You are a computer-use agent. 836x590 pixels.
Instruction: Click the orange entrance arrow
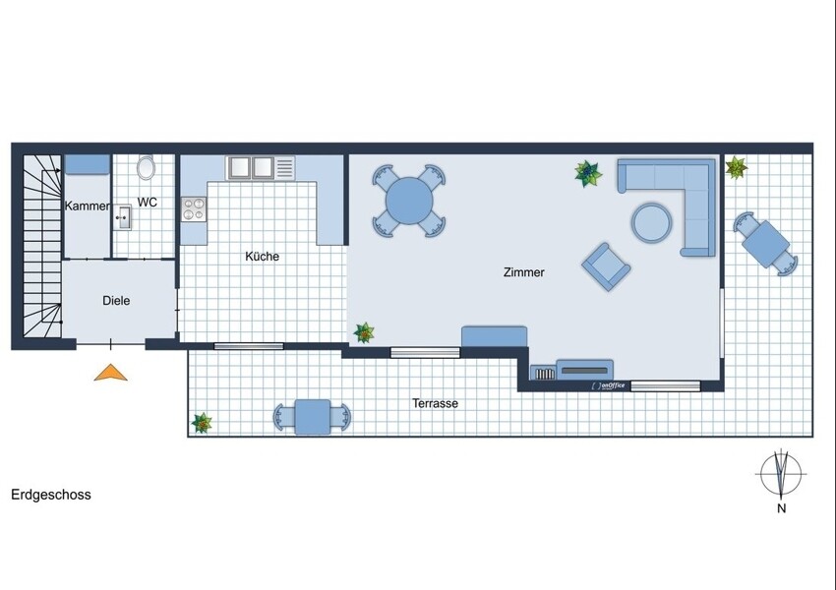(111, 373)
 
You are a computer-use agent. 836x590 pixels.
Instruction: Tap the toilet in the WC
(146, 167)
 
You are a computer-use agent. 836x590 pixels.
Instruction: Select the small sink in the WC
(123, 217)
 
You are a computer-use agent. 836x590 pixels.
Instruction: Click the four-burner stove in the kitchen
(194, 208)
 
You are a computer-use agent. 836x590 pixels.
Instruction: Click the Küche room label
(263, 257)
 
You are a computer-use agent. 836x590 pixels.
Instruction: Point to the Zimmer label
(524, 272)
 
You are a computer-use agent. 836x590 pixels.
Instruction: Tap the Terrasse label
(435, 403)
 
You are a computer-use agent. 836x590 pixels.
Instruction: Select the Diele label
(116, 301)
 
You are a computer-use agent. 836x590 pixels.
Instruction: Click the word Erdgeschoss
(51, 495)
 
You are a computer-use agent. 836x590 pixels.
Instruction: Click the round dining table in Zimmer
(409, 201)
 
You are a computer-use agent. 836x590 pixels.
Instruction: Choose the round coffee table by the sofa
(651, 222)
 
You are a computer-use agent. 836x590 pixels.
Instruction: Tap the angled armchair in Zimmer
(606, 266)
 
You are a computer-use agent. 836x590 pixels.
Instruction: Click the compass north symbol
(781, 474)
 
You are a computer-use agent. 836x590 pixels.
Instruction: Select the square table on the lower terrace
(313, 417)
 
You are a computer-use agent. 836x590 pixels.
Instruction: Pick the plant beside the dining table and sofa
(587, 174)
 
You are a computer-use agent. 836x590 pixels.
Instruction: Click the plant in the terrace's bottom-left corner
(202, 423)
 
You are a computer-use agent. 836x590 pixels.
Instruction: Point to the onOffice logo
(608, 385)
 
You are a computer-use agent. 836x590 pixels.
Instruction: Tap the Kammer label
(87, 206)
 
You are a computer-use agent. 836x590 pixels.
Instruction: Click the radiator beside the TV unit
(544, 374)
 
